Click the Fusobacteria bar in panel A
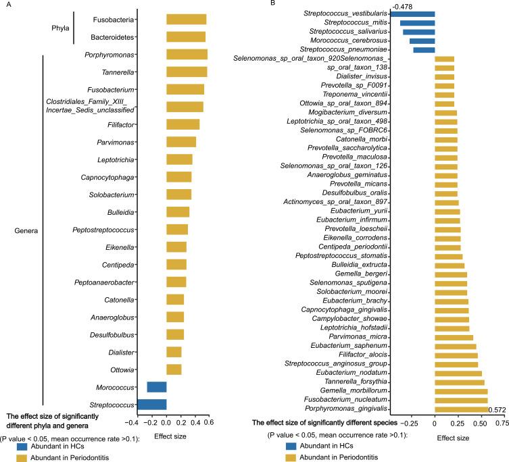pos(186,19)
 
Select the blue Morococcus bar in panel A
pos(156,386)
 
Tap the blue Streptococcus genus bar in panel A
pos(151,404)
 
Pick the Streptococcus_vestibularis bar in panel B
pos(412,14)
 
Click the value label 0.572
pos(497,409)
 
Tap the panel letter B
pos(253,4)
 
